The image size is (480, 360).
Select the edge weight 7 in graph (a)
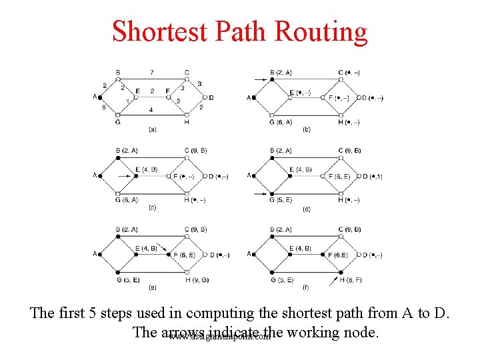click(x=152, y=72)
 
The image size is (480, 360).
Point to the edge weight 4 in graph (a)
click(x=151, y=109)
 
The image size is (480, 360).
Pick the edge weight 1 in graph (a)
click(x=127, y=101)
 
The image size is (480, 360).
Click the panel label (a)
click(x=153, y=129)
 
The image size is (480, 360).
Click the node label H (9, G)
click(x=196, y=280)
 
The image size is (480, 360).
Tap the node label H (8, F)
click(x=350, y=280)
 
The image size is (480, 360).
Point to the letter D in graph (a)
click(x=211, y=97)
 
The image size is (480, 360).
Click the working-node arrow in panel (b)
click(x=260, y=79)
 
